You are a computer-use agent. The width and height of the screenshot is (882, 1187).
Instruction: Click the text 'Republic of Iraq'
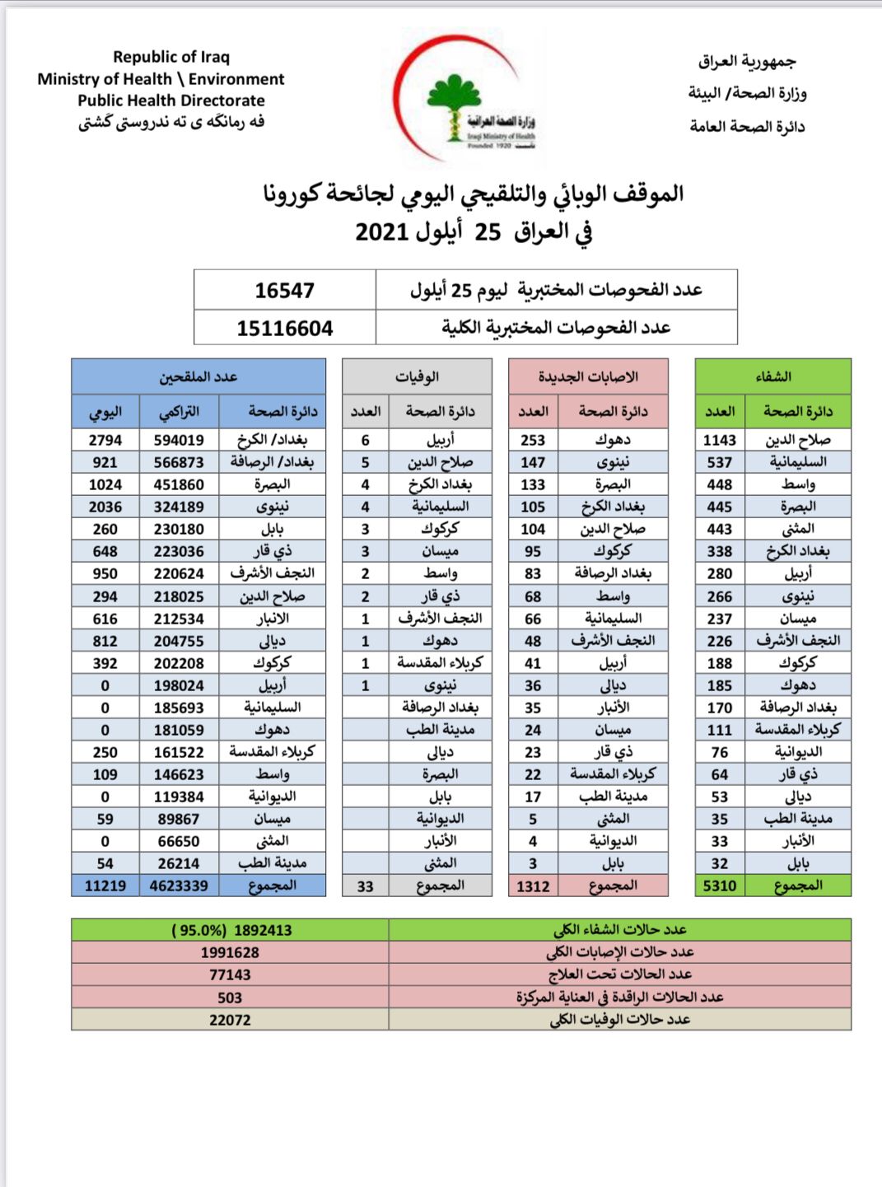(171, 57)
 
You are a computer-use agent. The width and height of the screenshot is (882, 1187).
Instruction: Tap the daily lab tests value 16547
(284, 290)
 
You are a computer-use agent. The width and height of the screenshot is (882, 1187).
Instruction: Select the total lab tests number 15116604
(284, 328)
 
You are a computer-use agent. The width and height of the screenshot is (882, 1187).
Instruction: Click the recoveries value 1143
(719, 440)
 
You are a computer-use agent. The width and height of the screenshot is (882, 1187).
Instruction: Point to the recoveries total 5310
(719, 886)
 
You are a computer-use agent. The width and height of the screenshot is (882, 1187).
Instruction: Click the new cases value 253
(533, 440)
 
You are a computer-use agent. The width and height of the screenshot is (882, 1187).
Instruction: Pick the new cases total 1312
(533, 886)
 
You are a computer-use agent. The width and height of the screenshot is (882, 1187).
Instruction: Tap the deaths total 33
(365, 886)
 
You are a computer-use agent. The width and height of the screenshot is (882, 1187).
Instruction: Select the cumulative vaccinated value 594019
(179, 440)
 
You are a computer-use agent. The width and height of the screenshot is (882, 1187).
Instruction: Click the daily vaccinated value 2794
(105, 440)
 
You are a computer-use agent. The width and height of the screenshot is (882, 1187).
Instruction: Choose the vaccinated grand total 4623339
(179, 886)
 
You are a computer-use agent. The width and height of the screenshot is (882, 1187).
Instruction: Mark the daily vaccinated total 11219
(105, 886)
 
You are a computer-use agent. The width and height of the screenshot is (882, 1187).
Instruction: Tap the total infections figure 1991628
(230, 952)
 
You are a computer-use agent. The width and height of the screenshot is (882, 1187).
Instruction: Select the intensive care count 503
(230, 998)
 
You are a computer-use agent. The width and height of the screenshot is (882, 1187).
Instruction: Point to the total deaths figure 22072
(230, 1020)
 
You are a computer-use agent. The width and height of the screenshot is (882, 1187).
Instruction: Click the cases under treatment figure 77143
(230, 974)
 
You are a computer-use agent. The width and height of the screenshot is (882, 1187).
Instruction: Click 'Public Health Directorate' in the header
(171, 100)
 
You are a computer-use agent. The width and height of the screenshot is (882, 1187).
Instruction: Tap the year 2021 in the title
(382, 231)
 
